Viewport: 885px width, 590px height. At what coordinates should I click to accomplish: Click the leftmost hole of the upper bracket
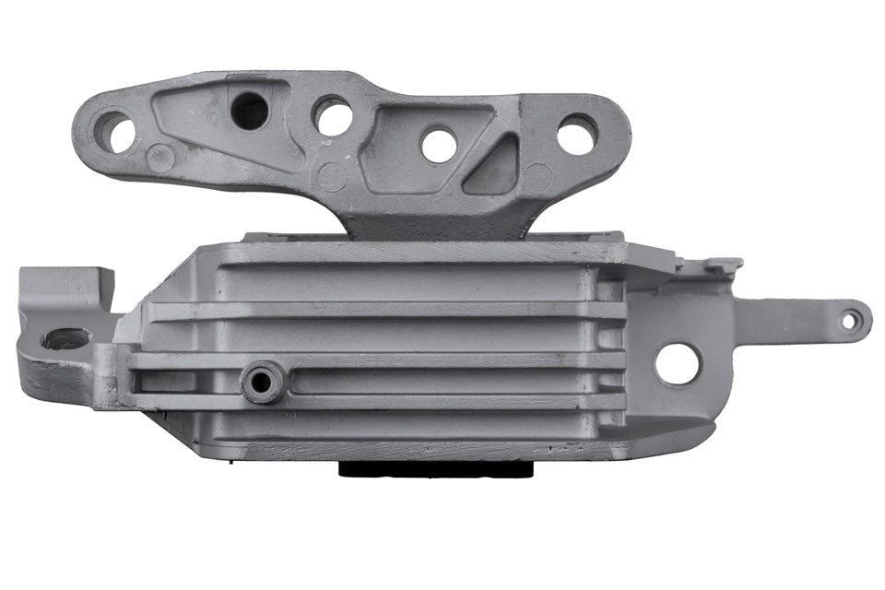coord(116,131)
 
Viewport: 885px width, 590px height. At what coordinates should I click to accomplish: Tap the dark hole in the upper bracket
coord(249,112)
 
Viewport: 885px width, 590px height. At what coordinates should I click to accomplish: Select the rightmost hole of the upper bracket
coord(577,135)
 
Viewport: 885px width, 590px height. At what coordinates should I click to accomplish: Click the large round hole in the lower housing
coord(678,363)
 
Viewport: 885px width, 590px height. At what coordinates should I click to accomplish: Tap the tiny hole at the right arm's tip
coord(851,320)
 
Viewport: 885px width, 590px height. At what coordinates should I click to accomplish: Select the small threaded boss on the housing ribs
coord(262,381)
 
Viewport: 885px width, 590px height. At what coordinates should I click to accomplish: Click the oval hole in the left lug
coord(65,338)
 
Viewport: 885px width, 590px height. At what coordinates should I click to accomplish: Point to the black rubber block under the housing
coord(437,468)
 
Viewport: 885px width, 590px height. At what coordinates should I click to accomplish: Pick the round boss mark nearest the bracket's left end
coord(159,158)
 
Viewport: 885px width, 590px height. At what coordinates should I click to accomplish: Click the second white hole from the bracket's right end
coord(439,144)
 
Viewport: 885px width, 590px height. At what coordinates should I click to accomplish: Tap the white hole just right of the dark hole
coord(333,116)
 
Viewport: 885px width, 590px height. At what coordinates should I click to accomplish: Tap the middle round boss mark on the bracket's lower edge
coord(330,175)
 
